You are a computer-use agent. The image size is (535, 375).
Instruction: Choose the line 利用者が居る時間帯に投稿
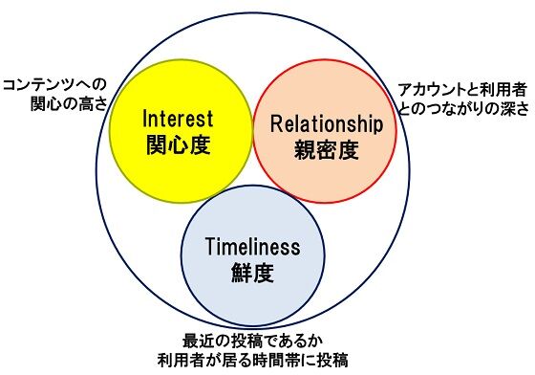pyautogui.click(x=253, y=361)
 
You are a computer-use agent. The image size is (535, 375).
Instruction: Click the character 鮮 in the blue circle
pyautogui.click(x=242, y=274)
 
